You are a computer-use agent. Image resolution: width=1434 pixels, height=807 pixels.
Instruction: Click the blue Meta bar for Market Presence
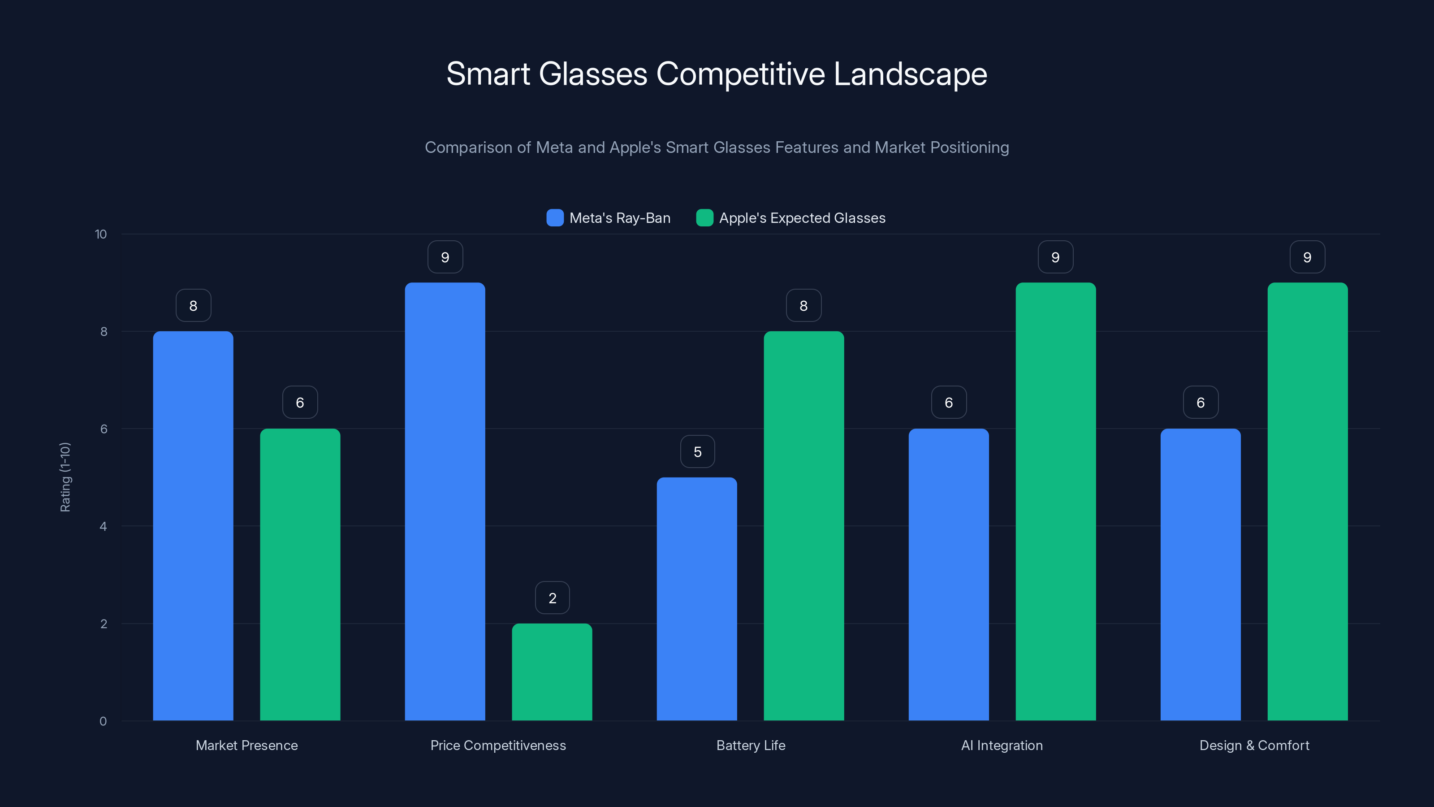(x=193, y=526)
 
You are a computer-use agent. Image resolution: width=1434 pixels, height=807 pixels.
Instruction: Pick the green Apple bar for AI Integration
(x=1055, y=501)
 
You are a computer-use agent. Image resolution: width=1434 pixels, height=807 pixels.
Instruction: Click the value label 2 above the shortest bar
(x=552, y=598)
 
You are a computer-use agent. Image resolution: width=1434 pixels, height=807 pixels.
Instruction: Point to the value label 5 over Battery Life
(x=698, y=451)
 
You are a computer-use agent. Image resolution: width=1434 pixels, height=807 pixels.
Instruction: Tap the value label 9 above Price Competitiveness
(x=445, y=257)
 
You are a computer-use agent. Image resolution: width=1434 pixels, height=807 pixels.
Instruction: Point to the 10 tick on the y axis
(x=101, y=234)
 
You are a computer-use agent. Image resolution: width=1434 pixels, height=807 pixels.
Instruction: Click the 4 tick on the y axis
(x=103, y=526)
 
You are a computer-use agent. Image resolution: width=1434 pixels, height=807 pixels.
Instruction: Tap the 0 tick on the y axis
(x=103, y=721)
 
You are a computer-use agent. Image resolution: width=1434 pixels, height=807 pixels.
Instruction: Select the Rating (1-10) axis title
(x=65, y=477)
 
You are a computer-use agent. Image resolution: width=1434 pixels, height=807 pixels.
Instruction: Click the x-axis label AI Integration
(x=1002, y=745)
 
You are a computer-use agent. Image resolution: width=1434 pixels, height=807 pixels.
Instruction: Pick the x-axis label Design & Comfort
(x=1254, y=745)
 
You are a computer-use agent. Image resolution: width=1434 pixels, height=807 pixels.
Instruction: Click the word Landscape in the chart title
(x=910, y=74)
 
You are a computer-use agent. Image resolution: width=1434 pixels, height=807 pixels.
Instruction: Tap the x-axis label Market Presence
(x=246, y=745)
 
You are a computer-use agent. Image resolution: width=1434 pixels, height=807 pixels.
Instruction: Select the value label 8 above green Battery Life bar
(x=803, y=306)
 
